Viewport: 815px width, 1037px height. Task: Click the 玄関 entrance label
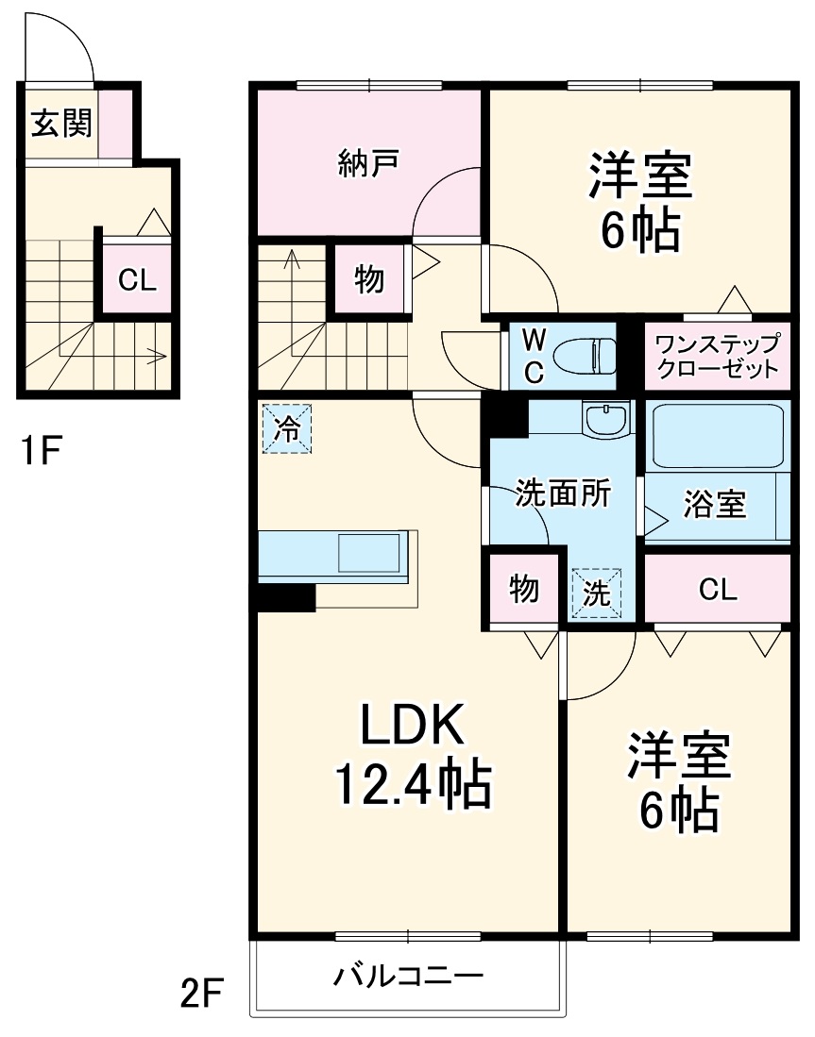pyautogui.click(x=61, y=123)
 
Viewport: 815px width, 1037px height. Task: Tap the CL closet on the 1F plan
pyautogui.click(x=137, y=279)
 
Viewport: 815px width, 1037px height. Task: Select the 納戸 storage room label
pyautogui.click(x=368, y=162)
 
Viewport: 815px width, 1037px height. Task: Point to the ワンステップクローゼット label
pyautogui.click(x=717, y=356)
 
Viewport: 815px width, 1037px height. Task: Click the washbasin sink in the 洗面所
pyautogui.click(x=605, y=419)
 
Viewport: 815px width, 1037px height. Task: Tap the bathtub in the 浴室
pyautogui.click(x=718, y=437)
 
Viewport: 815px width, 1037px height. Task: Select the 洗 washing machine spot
pyautogui.click(x=597, y=594)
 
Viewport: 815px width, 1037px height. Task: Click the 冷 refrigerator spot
pyautogui.click(x=287, y=428)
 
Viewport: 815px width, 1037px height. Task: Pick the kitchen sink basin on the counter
pyautogui.click(x=369, y=554)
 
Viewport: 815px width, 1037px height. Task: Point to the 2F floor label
pyautogui.click(x=201, y=994)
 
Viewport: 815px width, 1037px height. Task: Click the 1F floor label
pyautogui.click(x=41, y=451)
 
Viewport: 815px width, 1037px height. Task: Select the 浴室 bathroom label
pyautogui.click(x=715, y=504)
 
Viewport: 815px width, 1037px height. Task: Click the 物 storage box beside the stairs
pyautogui.click(x=368, y=278)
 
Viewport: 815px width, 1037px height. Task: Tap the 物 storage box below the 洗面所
pyautogui.click(x=524, y=588)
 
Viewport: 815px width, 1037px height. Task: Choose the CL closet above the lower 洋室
pyautogui.click(x=718, y=588)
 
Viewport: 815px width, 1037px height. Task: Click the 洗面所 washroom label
pyautogui.click(x=564, y=493)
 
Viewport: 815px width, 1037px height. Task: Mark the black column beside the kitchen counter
pyautogui.click(x=287, y=598)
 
